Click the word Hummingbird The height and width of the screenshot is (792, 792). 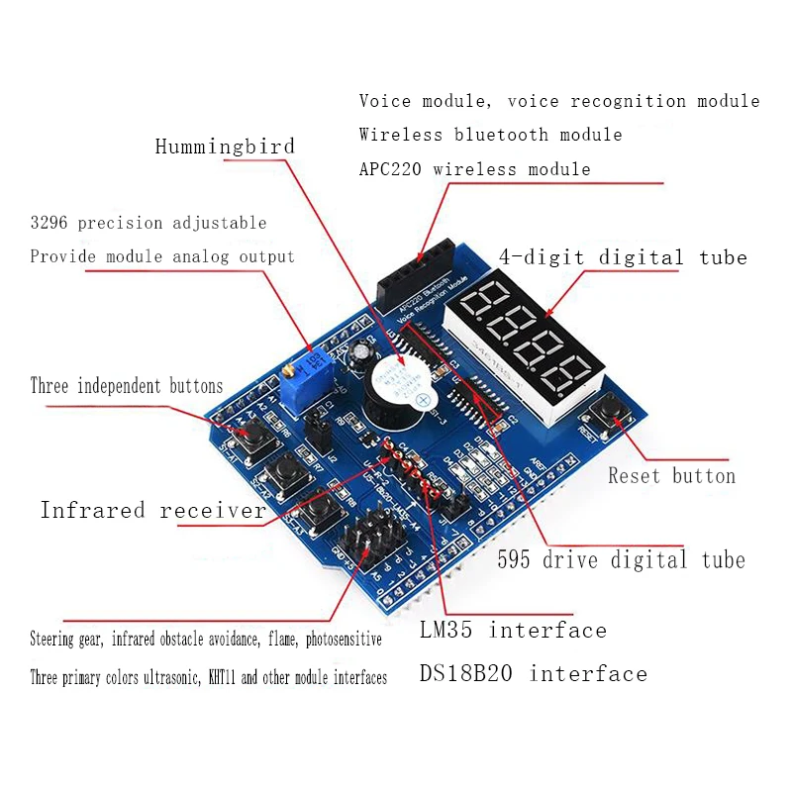point(225,147)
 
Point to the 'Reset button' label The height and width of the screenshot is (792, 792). point(671,476)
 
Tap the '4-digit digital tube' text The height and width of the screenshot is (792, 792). point(623,257)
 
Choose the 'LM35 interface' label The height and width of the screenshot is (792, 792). point(513,631)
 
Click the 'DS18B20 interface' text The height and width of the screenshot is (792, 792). point(533,674)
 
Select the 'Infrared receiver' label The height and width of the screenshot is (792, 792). point(152,511)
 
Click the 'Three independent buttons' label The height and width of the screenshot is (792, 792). point(127,386)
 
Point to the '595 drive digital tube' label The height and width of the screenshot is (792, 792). point(621,560)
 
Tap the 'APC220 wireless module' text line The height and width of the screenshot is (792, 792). point(474,169)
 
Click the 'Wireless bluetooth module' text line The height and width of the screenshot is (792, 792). point(490,135)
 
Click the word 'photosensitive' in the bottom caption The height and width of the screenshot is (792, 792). point(331,640)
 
